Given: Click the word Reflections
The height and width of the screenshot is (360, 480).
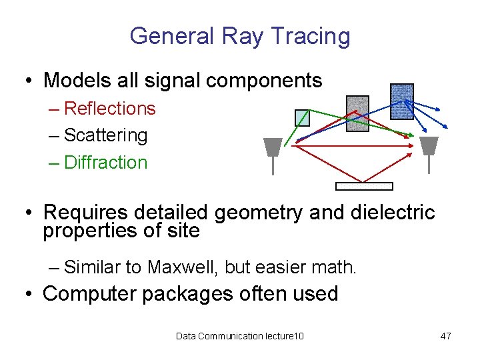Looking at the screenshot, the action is pyautogui.click(x=109, y=109).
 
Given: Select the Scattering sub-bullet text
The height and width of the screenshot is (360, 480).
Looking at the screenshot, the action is pyautogui.click(x=105, y=135).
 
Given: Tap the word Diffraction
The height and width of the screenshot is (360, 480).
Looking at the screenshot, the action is pyautogui.click(x=105, y=163).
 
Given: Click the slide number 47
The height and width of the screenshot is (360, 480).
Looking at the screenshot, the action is pyautogui.click(x=445, y=336).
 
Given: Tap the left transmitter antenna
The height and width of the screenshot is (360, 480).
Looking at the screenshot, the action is pyautogui.click(x=272, y=147).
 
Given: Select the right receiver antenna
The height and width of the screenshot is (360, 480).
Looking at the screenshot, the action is pyautogui.click(x=429, y=147).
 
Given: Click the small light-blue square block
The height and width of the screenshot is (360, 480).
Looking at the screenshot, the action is pyautogui.click(x=302, y=117).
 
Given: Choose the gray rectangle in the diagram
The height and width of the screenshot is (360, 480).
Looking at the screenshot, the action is pyautogui.click(x=357, y=113).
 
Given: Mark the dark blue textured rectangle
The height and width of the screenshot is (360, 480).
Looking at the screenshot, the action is pyautogui.click(x=401, y=101).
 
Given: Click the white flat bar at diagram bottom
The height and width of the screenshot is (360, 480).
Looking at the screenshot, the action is pyautogui.click(x=364, y=186).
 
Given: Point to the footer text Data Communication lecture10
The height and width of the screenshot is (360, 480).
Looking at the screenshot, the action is pyautogui.click(x=239, y=336).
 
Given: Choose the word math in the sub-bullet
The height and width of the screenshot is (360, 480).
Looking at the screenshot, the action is pyautogui.click(x=337, y=268).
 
